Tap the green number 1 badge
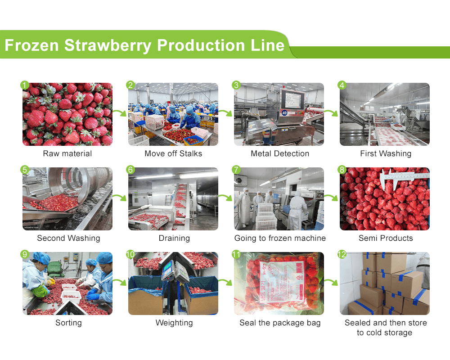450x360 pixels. tap(25, 85)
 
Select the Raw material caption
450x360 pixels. tap(67, 153)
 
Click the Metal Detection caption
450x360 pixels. tap(280, 153)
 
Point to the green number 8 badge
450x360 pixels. tap(342, 170)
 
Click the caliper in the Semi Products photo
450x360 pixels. tap(404, 176)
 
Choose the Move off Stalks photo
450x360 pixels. tap(173, 114)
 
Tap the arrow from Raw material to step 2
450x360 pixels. tap(120, 113)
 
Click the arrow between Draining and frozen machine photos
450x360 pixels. tap(225, 198)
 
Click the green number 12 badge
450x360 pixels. tap(342, 255)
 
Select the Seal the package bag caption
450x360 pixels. tap(280, 323)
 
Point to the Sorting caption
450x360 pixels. tap(67, 323)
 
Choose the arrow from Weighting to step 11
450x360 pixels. tap(225, 283)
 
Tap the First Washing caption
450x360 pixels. tap(386, 153)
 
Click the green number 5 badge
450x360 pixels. tap(25, 170)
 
